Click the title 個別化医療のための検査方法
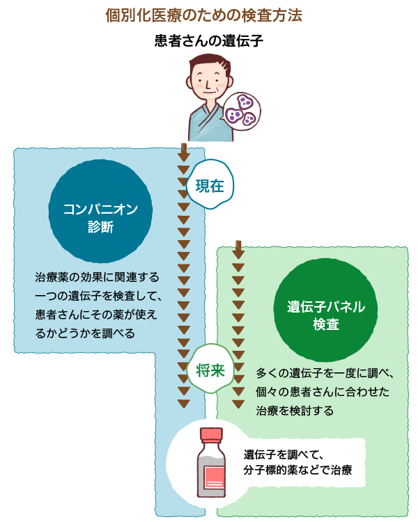(x=209, y=14)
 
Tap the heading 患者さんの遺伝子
(x=209, y=40)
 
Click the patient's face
(x=208, y=81)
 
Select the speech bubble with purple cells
(x=242, y=109)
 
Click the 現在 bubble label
(x=210, y=186)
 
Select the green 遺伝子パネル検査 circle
(x=326, y=315)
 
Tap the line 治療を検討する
(x=295, y=411)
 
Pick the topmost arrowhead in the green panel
(x=238, y=254)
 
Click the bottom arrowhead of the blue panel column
(x=183, y=404)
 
